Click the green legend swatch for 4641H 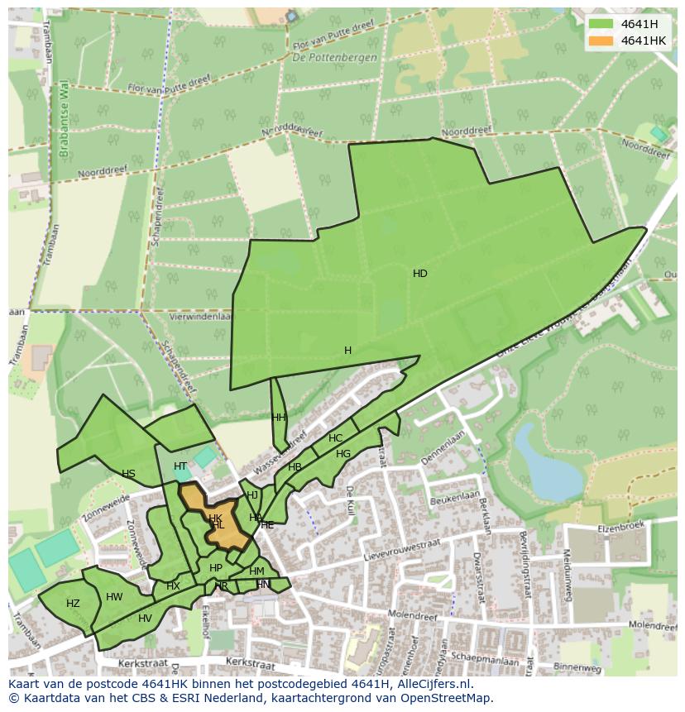601,24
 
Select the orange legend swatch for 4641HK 601,41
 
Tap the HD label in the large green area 420,274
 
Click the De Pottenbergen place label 334,58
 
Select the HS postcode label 128,474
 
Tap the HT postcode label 180,466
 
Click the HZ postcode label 73,604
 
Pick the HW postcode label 114,597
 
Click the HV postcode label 145,619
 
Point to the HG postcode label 343,454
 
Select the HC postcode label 335,438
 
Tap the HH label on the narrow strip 279,418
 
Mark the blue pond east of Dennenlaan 537,463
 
